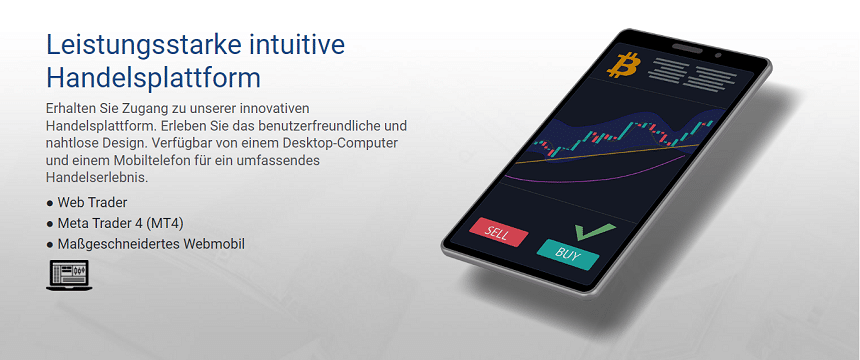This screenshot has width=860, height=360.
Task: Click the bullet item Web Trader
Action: tap(92, 203)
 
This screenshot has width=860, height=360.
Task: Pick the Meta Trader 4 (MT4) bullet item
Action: tap(119, 223)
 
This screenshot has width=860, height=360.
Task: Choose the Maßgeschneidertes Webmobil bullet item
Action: tap(151, 243)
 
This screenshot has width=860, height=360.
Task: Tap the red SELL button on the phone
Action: tap(497, 232)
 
